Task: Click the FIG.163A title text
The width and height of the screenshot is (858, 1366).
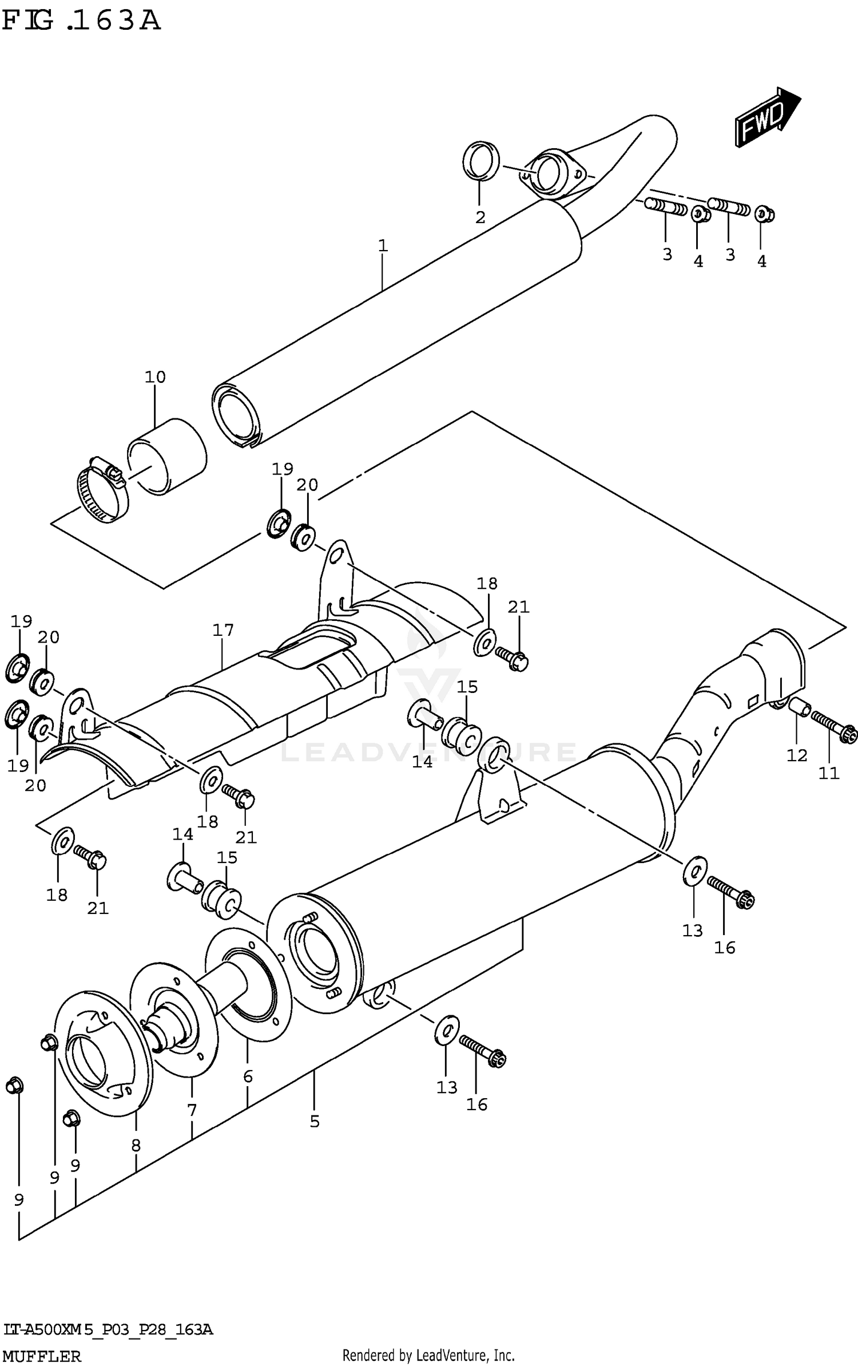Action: click(81, 21)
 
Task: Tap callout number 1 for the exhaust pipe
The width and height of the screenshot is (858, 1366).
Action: click(383, 246)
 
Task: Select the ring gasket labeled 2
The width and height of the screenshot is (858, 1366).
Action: click(480, 160)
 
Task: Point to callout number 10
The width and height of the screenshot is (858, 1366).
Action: click(155, 377)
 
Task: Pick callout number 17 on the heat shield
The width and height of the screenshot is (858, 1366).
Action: click(223, 631)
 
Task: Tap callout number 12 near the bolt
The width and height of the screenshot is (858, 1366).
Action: click(797, 755)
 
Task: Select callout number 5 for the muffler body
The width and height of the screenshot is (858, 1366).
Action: click(315, 1122)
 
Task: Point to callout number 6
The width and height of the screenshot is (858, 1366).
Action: click(248, 1077)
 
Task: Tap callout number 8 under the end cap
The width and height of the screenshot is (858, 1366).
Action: click(136, 1145)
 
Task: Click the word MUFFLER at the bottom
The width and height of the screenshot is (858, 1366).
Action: click(42, 1356)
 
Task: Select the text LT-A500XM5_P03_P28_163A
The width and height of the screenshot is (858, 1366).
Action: click(108, 1329)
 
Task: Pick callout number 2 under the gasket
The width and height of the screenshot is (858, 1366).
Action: click(480, 217)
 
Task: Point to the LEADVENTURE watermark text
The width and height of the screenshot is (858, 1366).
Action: click(429, 751)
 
